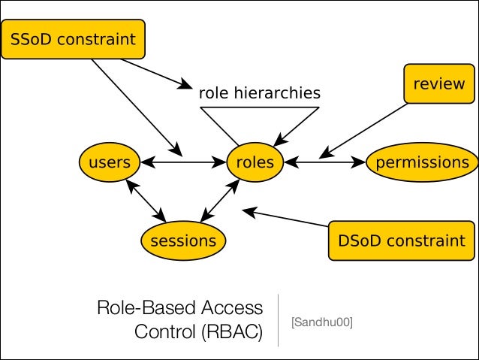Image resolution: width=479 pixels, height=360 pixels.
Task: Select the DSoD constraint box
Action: point(402,241)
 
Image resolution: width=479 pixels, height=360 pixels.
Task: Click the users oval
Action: point(110,162)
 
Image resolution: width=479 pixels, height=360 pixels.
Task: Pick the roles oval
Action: point(255,162)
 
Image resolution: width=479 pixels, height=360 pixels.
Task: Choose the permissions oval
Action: point(421,162)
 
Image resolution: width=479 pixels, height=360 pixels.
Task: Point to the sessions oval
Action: point(183,241)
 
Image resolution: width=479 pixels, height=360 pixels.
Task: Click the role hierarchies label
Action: point(259,93)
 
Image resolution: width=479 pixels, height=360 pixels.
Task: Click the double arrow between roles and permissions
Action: point(324,162)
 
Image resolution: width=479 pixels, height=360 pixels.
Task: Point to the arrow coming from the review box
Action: point(364,129)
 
